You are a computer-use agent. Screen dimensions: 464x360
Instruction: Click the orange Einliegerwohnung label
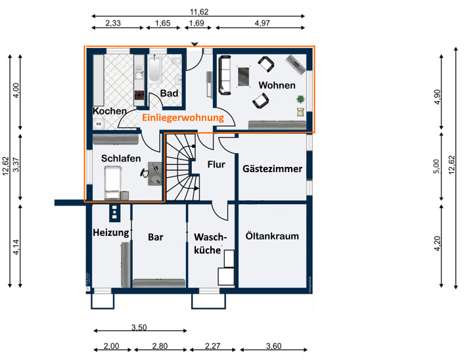pos(183,118)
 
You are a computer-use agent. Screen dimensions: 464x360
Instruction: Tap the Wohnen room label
pos(277,85)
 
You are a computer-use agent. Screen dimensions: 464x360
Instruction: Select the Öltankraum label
pos(272,236)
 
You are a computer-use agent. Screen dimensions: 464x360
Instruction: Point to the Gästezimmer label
pos(272,169)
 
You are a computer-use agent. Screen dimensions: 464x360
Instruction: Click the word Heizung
pos(111,233)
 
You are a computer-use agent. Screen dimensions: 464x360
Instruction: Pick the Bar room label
pos(156,237)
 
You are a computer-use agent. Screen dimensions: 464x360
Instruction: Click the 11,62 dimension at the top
pos(199,12)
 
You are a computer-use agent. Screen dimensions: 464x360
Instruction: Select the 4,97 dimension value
pos(262,23)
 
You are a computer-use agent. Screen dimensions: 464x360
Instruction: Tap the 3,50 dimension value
pos(139,327)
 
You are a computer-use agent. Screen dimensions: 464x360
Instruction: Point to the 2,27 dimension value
pos(212,346)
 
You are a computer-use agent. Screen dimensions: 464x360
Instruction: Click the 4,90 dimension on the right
pos(437,97)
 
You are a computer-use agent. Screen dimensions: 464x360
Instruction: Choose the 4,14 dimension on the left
pos(16,247)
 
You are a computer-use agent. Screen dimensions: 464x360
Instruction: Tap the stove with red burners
pos(139,95)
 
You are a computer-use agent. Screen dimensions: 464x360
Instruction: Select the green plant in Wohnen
pos(300,99)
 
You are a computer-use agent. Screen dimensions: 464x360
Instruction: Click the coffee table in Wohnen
pos(244,77)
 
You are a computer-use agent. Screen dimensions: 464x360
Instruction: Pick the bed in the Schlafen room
pos(112,182)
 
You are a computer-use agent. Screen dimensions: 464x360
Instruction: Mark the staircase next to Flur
pos(181,167)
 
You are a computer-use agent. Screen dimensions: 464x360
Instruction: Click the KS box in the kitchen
pos(99,124)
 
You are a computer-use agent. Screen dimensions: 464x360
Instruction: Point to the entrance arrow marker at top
pos(195,45)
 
